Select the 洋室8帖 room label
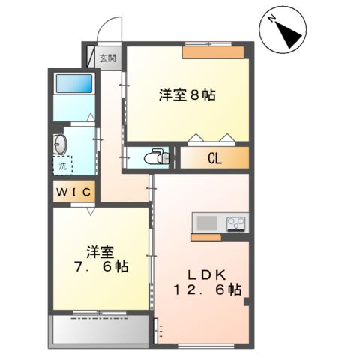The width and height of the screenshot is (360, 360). point(187,95)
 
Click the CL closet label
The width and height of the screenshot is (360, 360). point(213,158)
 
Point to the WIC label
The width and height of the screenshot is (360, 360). point(73,193)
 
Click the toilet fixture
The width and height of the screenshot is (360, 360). point(156,157)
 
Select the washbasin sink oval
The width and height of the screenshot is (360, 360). point(60,142)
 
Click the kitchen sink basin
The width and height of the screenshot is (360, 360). point(205,223)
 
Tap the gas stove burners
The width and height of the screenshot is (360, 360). point(235,223)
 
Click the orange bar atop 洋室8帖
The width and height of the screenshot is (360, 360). point(214,52)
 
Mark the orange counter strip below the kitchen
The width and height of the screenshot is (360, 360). point(218,238)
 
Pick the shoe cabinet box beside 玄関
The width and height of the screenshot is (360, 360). point(92,58)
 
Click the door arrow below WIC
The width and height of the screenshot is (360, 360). point(89,211)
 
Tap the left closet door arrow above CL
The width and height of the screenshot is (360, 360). point(196,137)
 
